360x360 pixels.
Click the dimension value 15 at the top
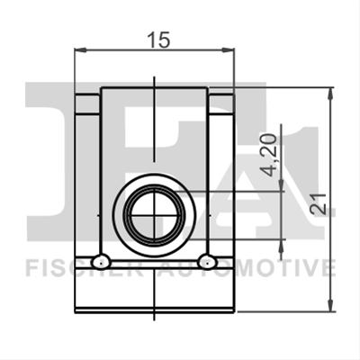[x=159, y=40]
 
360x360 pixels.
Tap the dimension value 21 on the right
[x=319, y=204]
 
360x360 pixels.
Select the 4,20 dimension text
[x=268, y=156]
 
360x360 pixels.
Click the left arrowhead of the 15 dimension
[x=80, y=50]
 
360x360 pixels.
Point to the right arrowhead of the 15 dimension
[x=228, y=50]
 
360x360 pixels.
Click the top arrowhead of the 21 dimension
[x=330, y=94]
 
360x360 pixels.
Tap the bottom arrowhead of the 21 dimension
[x=330, y=305]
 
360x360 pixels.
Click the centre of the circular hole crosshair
[x=154, y=215]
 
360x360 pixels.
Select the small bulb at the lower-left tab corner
[x=101, y=262]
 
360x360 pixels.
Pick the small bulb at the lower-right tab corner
[x=207, y=262]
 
